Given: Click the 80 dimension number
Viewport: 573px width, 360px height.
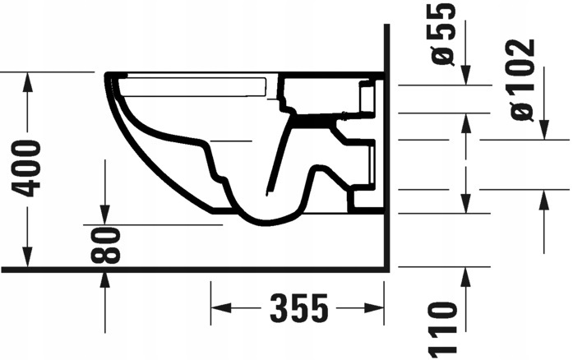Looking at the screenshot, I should (106, 245).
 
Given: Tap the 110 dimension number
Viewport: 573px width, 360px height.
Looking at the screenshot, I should (443, 327).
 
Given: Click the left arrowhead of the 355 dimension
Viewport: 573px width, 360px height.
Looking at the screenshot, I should (220, 309).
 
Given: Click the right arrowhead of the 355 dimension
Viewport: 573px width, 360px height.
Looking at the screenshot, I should (377, 309).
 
